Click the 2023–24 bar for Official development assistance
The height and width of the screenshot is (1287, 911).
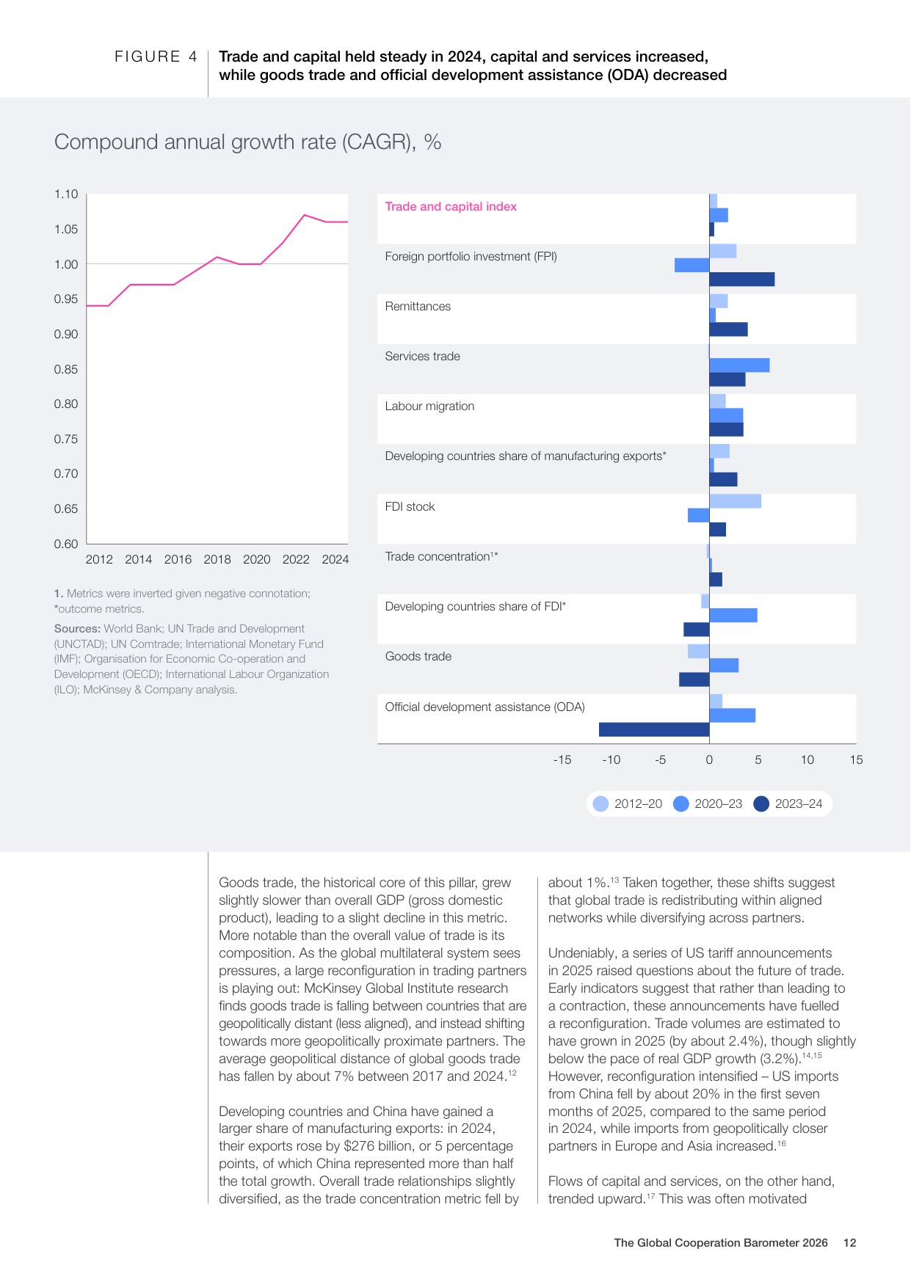[654, 729]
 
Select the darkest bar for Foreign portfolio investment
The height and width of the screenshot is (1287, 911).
[742, 279]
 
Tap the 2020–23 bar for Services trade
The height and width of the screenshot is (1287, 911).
[740, 365]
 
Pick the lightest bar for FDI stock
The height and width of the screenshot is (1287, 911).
[736, 501]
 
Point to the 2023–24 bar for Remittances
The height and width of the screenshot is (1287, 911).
[729, 329]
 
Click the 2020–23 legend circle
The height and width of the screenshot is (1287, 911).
[681, 803]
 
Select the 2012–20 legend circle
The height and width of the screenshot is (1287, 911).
[601, 803]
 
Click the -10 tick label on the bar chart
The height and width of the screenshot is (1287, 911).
[611, 760]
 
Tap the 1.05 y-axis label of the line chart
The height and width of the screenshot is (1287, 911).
[66, 230]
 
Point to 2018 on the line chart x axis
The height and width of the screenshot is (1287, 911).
[217, 559]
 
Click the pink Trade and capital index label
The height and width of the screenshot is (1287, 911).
[451, 207]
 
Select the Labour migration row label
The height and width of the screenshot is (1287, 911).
[429, 406]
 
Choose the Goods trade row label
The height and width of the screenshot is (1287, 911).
[418, 657]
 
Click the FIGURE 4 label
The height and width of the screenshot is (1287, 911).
[156, 56]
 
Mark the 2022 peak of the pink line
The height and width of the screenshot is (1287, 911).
[304, 215]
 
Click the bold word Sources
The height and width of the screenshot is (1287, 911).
[77, 629]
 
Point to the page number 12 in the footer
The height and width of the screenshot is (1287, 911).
[849, 1243]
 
